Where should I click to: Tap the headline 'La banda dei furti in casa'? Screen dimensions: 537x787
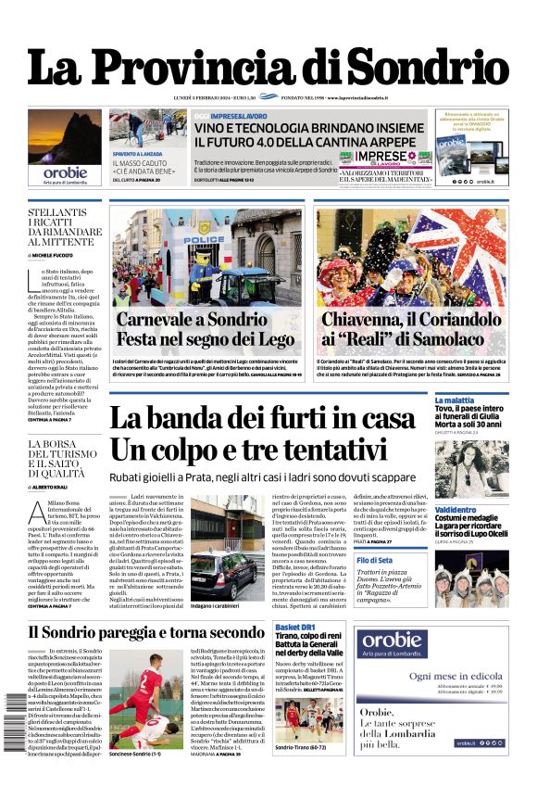(x=262, y=420)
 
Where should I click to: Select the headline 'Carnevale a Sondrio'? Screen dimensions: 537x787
(x=190, y=320)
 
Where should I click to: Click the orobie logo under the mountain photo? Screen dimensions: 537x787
(x=64, y=171)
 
